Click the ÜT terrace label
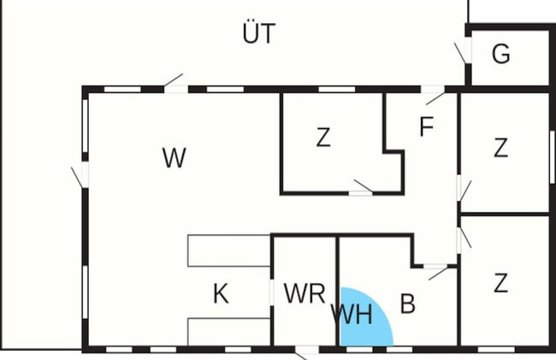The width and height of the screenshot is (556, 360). [259, 32]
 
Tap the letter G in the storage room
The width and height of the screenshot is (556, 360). [501, 54]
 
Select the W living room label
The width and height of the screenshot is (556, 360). [174, 157]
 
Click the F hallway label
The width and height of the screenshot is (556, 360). [426, 127]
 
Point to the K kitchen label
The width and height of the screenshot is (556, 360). [221, 294]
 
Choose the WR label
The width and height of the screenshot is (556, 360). [305, 293]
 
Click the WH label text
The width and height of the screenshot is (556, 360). [352, 315]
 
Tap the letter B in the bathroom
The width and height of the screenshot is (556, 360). [408, 304]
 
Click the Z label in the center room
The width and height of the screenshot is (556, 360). [323, 138]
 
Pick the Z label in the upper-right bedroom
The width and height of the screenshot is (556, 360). [500, 148]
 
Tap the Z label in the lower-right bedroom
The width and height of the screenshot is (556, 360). [500, 283]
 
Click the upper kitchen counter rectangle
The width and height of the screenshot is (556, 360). [229, 251]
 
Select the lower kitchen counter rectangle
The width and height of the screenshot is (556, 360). [229, 332]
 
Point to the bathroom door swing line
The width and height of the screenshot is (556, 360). [438, 274]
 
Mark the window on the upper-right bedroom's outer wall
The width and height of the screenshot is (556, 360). [552, 157]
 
